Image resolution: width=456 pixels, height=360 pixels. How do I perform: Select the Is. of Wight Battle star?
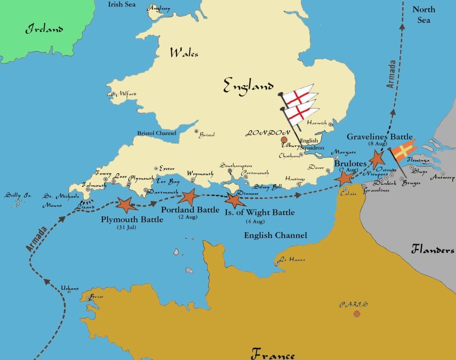[x=233, y=200]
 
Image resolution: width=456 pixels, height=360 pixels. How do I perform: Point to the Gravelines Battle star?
[x=377, y=159]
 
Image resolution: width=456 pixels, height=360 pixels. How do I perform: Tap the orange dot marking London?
[x=284, y=139]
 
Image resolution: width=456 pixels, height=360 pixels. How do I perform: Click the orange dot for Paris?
[x=356, y=313]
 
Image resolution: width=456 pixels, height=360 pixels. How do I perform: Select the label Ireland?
[x=45, y=29]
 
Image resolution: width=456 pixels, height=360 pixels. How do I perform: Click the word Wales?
[x=184, y=53]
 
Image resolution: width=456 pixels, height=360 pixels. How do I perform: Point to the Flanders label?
[x=432, y=250]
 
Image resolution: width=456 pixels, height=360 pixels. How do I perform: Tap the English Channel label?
[x=275, y=235]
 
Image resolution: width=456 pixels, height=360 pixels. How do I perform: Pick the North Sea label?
[x=424, y=15]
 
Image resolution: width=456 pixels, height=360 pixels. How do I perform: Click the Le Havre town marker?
[x=278, y=264]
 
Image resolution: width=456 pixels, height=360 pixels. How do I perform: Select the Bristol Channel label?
[x=157, y=133]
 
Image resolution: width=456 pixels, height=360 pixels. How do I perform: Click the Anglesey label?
[x=159, y=9]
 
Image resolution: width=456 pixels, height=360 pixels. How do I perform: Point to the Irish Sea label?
[x=122, y=5]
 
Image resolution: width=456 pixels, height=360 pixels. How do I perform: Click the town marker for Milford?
[x=113, y=94]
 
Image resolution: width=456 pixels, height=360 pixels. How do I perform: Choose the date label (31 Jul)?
[x=127, y=228]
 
